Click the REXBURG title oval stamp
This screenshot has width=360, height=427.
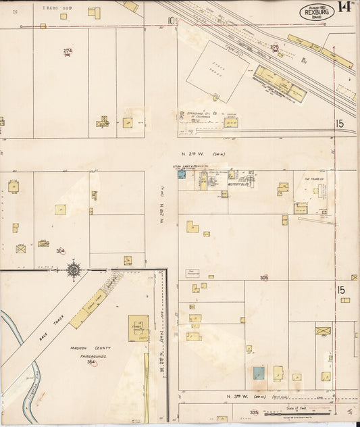[x=317, y=11]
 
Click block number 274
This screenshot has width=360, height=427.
[x=68, y=51]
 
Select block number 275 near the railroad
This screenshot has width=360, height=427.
[x=275, y=48]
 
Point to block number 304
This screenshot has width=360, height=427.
[x=61, y=251]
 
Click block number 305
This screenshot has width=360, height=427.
[x=264, y=278]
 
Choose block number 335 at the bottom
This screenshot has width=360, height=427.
[x=254, y=411]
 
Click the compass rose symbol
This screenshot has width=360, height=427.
[x=74, y=270]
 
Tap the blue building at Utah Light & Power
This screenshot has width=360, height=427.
[x=182, y=174]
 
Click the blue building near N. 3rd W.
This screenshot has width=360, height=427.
[x=258, y=372]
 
